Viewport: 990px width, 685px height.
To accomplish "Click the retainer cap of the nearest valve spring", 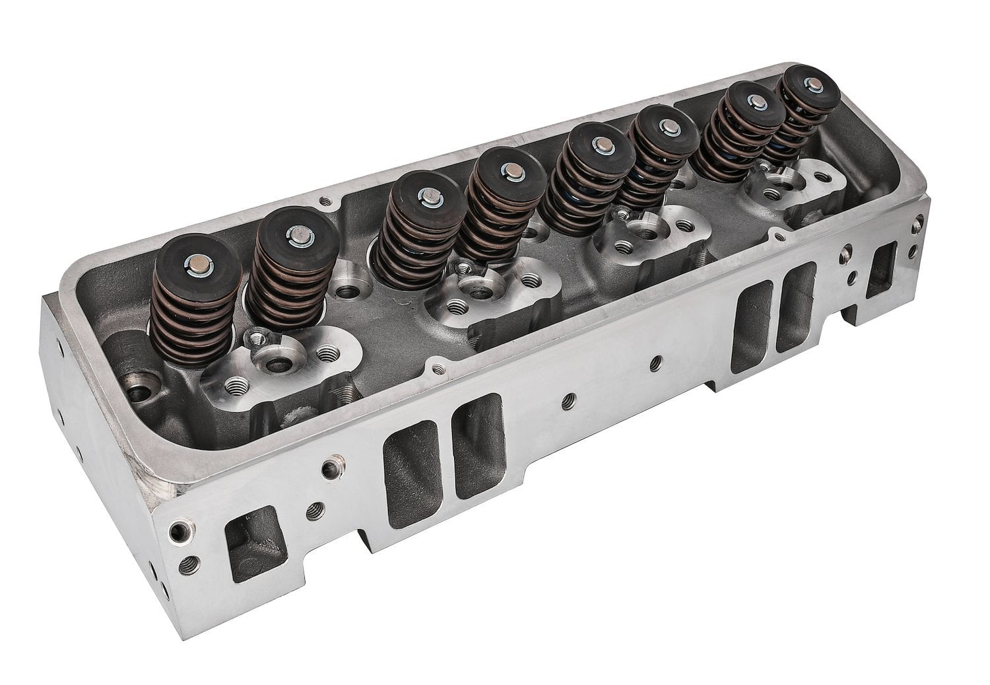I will tap(183, 262).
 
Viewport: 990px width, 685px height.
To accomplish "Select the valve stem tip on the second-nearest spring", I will tap(295, 233).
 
